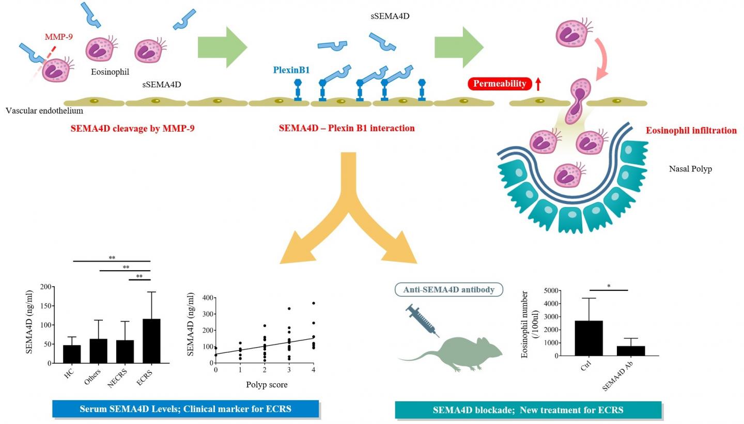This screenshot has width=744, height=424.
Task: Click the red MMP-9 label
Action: (58, 37)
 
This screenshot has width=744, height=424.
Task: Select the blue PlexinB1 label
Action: (291, 70)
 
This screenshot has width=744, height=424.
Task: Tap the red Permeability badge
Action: (500, 84)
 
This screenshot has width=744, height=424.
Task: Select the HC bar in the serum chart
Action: (72, 354)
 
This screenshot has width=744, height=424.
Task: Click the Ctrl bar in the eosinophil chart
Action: (588, 338)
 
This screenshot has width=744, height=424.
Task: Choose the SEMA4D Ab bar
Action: (631, 351)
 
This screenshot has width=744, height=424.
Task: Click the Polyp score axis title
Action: (267, 385)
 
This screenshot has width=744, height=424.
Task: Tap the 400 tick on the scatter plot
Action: (207, 298)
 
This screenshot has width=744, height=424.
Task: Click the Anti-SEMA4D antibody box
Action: (449, 290)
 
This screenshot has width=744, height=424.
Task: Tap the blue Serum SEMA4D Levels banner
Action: (185, 409)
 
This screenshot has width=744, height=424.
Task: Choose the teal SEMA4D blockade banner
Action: (528, 410)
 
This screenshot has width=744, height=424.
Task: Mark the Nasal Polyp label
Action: (690, 169)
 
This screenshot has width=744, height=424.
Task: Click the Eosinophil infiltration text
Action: (691, 131)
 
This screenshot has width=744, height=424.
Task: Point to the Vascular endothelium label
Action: (44, 111)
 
